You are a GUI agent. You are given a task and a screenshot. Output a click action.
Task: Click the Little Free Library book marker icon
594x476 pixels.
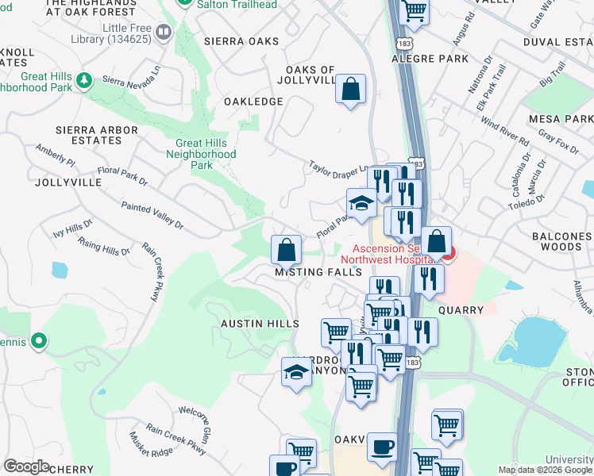[x=164, y=32]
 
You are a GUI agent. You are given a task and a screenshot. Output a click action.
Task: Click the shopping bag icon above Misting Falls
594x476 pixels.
[x=286, y=249]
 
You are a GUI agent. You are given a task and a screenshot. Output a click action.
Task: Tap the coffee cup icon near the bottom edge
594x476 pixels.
[x=382, y=446]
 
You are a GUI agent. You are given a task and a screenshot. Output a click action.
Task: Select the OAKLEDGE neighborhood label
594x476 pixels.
[x=253, y=102]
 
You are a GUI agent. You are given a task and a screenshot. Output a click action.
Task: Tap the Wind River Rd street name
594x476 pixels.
[x=503, y=135]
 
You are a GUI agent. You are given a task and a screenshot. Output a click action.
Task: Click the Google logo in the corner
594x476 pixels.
[x=25, y=466]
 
